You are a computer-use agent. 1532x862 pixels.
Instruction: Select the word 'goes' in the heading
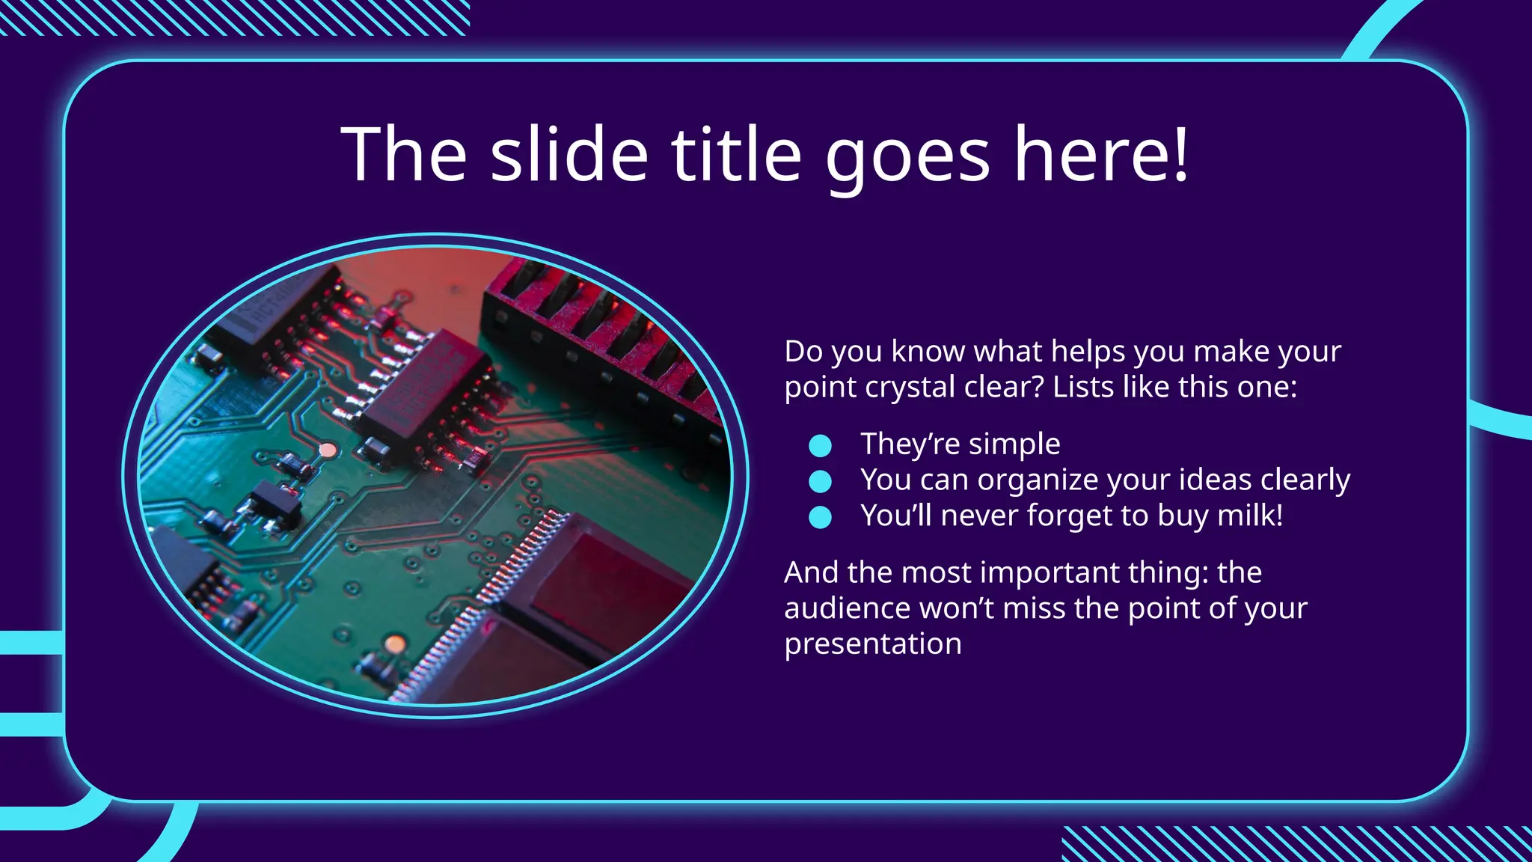pyautogui.click(x=907, y=157)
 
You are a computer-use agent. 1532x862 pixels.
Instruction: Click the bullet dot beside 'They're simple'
pyautogui.click(x=821, y=446)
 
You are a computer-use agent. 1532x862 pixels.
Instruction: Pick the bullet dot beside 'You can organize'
pyautogui.click(x=821, y=481)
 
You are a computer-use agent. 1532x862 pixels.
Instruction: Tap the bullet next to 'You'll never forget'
pyautogui.click(x=821, y=517)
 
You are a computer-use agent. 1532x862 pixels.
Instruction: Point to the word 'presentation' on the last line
pyautogui.click(x=872, y=644)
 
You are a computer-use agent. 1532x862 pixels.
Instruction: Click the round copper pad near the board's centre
pyautogui.click(x=328, y=450)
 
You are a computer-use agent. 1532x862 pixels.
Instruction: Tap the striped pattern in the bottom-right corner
pyautogui.click(x=1294, y=844)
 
